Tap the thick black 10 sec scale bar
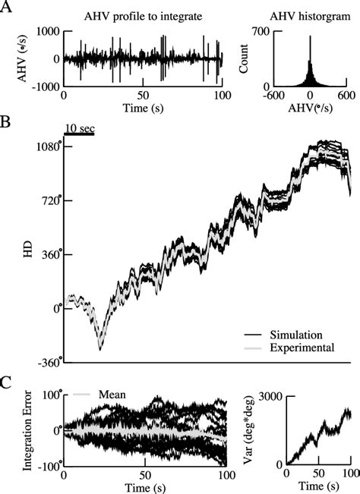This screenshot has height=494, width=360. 78,134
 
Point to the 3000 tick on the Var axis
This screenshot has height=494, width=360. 273,396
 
